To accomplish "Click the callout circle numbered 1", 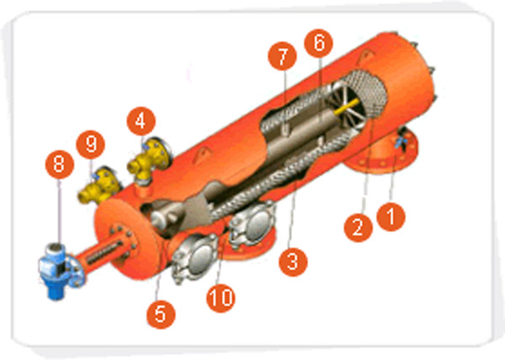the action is click(391, 216).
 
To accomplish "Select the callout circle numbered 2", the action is click(359, 228).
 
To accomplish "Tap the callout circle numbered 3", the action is click(293, 262).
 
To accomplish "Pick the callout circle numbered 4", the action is click(141, 121).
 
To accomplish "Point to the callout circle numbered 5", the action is click(161, 314).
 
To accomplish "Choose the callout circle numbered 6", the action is click(318, 43).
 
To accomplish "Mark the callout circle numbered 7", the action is click(282, 56).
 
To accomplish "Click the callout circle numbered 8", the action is click(60, 164).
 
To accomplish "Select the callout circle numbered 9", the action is click(91, 145).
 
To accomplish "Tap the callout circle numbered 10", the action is click(221, 298).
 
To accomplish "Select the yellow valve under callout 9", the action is click(100, 186).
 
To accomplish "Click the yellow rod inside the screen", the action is click(347, 107).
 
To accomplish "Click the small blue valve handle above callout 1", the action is click(401, 141).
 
